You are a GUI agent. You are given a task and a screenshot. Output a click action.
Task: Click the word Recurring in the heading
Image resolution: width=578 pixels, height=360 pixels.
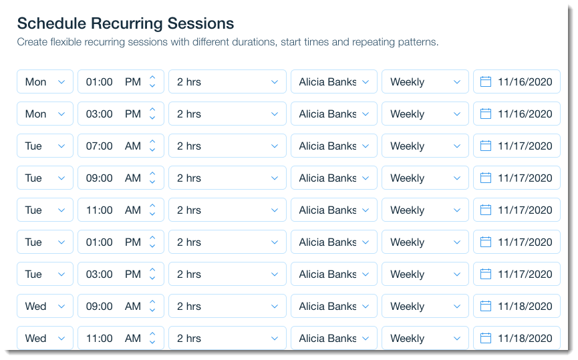pyautogui.click(x=127, y=23)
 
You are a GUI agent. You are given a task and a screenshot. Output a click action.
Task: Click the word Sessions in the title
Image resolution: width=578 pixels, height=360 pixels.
pyautogui.click(x=200, y=23)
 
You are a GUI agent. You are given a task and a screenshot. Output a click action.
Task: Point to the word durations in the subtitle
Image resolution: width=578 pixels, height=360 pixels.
pyautogui.click(x=253, y=42)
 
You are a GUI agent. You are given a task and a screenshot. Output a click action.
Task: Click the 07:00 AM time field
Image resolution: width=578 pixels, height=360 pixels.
pyautogui.click(x=120, y=146)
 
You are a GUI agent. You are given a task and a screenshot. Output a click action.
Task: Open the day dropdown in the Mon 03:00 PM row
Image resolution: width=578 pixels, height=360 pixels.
pyautogui.click(x=45, y=114)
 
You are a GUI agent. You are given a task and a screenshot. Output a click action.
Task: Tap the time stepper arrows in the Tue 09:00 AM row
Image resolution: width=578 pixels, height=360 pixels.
pyautogui.click(x=152, y=178)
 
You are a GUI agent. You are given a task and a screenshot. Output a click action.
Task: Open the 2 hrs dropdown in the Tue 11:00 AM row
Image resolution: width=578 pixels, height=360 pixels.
pyautogui.click(x=227, y=210)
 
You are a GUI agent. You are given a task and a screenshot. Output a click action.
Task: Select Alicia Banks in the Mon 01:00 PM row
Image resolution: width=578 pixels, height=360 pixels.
pyautogui.click(x=333, y=81)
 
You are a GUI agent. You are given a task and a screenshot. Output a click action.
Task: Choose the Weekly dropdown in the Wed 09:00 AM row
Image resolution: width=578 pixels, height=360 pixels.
pyautogui.click(x=425, y=306)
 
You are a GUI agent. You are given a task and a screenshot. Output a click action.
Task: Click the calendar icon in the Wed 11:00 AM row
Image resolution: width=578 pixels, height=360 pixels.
pyautogui.click(x=486, y=338)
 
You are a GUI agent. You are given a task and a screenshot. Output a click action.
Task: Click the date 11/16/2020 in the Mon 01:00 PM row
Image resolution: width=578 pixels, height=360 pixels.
pyautogui.click(x=525, y=81)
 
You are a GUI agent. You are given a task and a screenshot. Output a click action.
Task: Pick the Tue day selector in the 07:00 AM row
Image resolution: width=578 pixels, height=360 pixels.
pyautogui.click(x=45, y=146)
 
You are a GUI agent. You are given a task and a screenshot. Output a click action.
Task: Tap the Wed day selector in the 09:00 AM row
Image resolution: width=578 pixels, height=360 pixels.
pyautogui.click(x=45, y=306)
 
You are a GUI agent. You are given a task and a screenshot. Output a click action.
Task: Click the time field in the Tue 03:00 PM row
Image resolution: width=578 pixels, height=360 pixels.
pyautogui.click(x=120, y=274)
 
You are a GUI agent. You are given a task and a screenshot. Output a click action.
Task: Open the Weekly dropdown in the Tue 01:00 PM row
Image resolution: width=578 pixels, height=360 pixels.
pyautogui.click(x=425, y=242)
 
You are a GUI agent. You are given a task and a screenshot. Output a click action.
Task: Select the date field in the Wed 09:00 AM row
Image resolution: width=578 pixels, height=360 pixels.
pyautogui.click(x=517, y=306)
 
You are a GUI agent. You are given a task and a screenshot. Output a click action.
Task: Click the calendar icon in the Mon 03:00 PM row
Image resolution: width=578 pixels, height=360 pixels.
pyautogui.click(x=486, y=114)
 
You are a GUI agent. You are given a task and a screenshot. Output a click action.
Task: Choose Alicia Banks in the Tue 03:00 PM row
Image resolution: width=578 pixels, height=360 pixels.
pyautogui.click(x=333, y=274)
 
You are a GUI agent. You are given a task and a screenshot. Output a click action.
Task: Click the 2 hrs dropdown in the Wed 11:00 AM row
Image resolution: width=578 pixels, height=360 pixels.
pyautogui.click(x=227, y=338)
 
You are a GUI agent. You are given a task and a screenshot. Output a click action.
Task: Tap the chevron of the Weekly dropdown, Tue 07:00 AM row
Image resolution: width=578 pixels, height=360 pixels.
pyautogui.click(x=457, y=146)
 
